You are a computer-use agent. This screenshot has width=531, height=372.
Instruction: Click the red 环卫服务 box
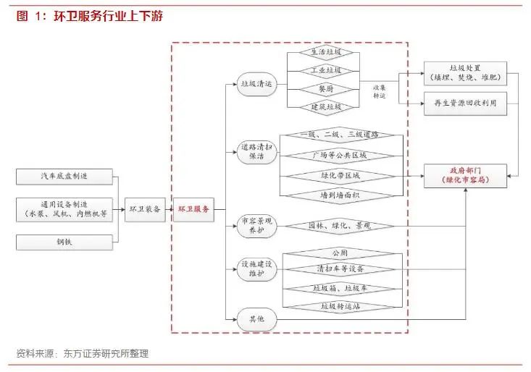click(193, 208)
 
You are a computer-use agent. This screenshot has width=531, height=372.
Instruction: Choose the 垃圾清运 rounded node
click(256, 84)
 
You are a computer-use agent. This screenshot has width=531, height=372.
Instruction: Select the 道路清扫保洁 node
click(256, 152)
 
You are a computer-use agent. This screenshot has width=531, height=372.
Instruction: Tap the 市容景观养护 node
click(256, 224)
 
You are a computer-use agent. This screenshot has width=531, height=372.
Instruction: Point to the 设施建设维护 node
click(256, 269)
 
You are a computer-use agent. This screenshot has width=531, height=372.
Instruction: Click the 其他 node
click(256, 318)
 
